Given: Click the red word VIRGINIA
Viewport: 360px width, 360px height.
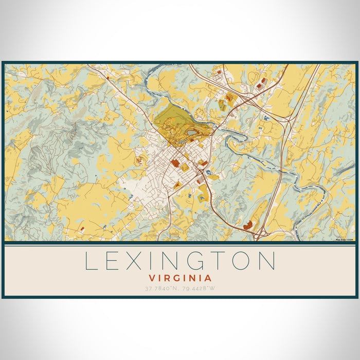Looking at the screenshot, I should [x=180, y=277].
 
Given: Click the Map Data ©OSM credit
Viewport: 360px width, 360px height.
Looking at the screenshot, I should [x=345, y=239].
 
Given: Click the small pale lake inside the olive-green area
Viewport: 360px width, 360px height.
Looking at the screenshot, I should [x=191, y=133].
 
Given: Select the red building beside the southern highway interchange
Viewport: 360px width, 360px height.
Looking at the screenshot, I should [x=249, y=225].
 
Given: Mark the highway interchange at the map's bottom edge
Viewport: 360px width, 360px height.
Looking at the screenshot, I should [x=261, y=235].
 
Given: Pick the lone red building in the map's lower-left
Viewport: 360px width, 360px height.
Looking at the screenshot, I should [x=82, y=228].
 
